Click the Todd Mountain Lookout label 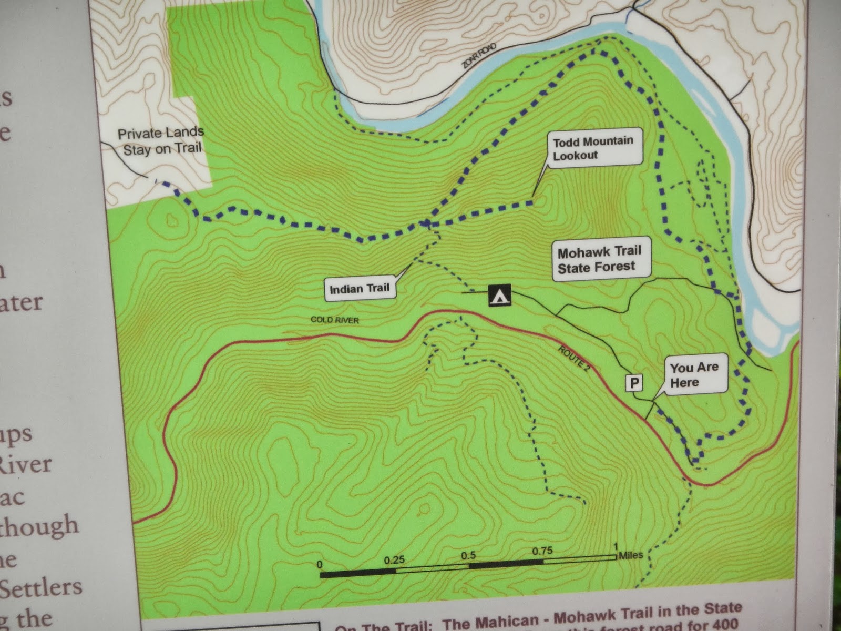(592, 148)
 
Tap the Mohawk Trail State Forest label (600, 259)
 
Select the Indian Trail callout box (360, 289)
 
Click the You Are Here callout (694, 375)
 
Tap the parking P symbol (634, 383)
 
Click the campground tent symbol (499, 296)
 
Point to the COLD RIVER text (335, 320)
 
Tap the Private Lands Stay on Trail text (161, 141)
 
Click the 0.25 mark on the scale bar (394, 561)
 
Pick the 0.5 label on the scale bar (468, 556)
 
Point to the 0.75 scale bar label (542, 551)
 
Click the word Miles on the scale (631, 555)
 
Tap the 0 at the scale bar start (320, 565)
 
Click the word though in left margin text (39, 526)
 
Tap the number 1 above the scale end (616, 547)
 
